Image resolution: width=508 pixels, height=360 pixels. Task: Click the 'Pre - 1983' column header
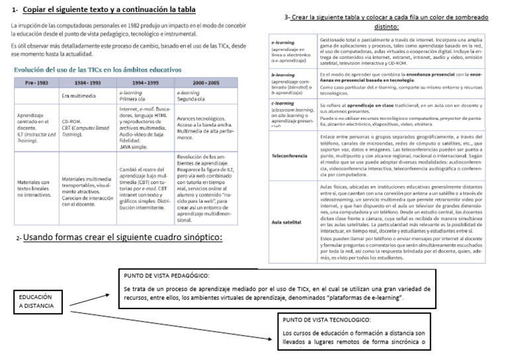(34, 82)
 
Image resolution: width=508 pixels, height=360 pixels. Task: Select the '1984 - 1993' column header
(88, 82)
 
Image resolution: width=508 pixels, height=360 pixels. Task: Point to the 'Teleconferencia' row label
(289, 156)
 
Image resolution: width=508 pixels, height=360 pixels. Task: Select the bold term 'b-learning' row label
(283, 75)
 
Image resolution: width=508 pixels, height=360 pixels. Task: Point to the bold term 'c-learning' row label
(282, 103)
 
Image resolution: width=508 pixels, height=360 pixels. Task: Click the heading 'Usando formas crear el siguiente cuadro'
(122, 238)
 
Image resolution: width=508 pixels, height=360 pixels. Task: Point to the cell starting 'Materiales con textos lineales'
(34, 189)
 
